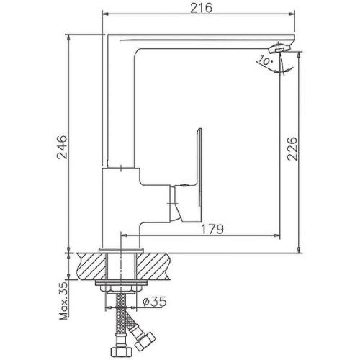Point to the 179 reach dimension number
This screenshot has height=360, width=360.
tap(211, 229)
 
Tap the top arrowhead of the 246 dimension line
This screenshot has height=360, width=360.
tap(70, 35)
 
